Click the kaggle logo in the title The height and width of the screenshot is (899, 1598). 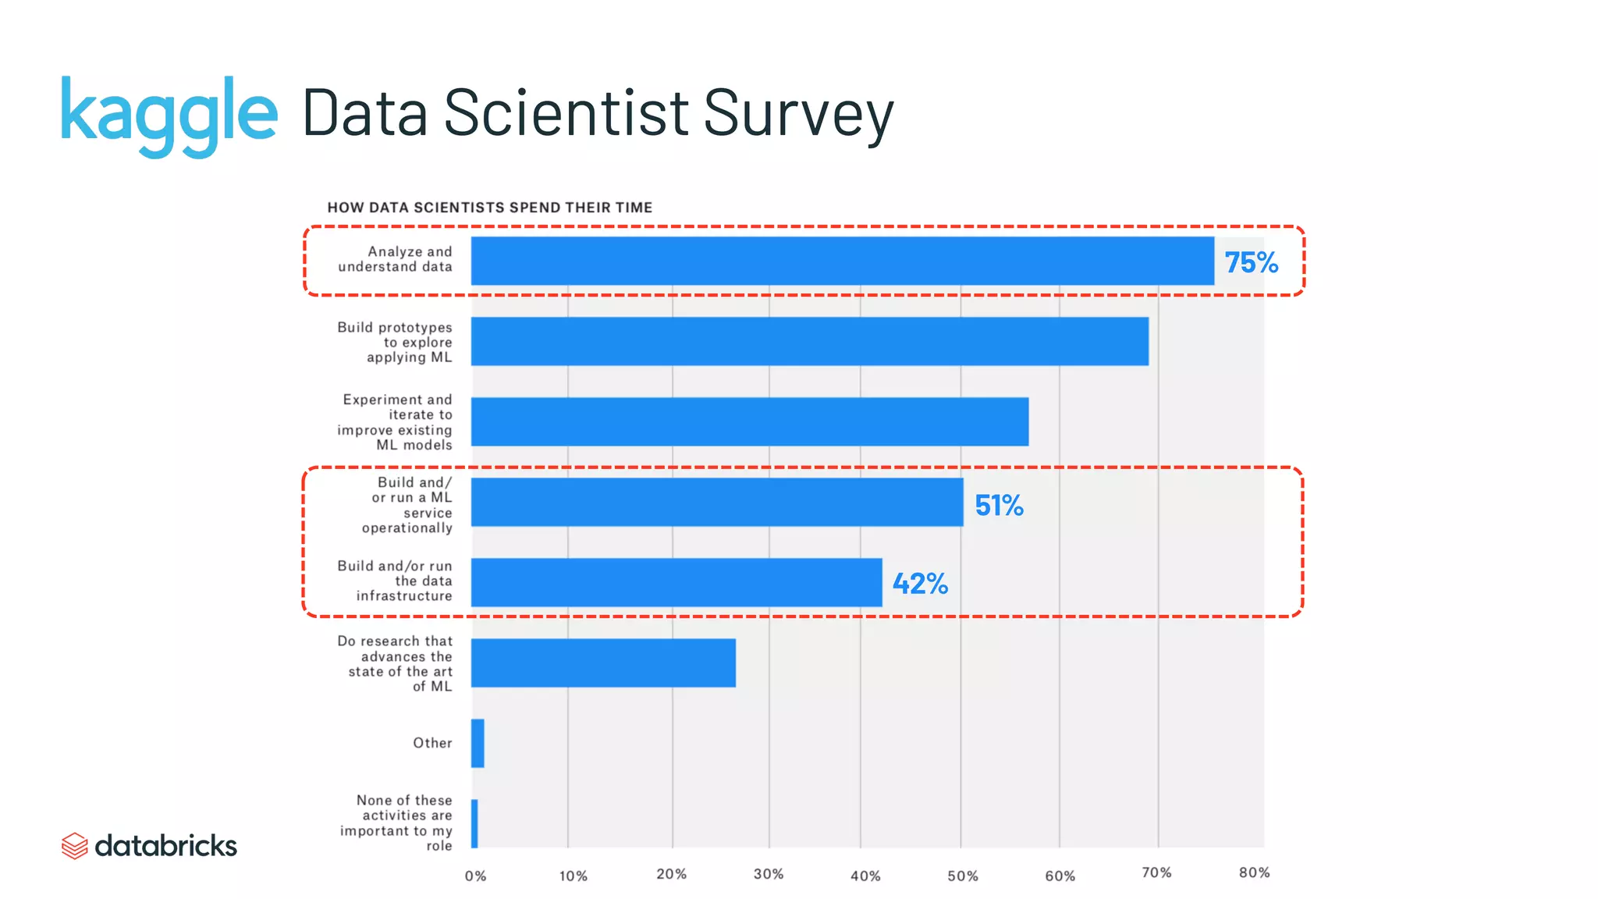169,115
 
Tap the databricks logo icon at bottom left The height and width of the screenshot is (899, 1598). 74,846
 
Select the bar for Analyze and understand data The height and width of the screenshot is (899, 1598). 842,261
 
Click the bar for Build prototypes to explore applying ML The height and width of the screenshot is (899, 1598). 809,341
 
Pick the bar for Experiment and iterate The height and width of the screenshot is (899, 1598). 749,421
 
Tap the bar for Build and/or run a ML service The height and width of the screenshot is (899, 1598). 716,502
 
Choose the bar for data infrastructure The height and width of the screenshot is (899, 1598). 676,582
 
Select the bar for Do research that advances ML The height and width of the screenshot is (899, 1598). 602,663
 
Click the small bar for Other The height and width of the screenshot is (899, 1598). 478,743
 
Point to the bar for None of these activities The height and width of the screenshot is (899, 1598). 474,823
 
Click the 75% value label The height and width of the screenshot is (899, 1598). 1251,262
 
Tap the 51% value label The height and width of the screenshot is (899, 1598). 999,506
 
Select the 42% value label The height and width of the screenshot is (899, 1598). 920,584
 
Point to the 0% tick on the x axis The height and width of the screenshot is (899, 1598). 475,876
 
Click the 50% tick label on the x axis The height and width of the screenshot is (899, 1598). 962,876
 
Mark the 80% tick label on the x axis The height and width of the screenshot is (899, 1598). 1254,872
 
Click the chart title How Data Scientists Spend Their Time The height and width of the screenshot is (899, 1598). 489,208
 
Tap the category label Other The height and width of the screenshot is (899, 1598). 432,743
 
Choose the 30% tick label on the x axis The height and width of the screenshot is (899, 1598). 768,874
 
